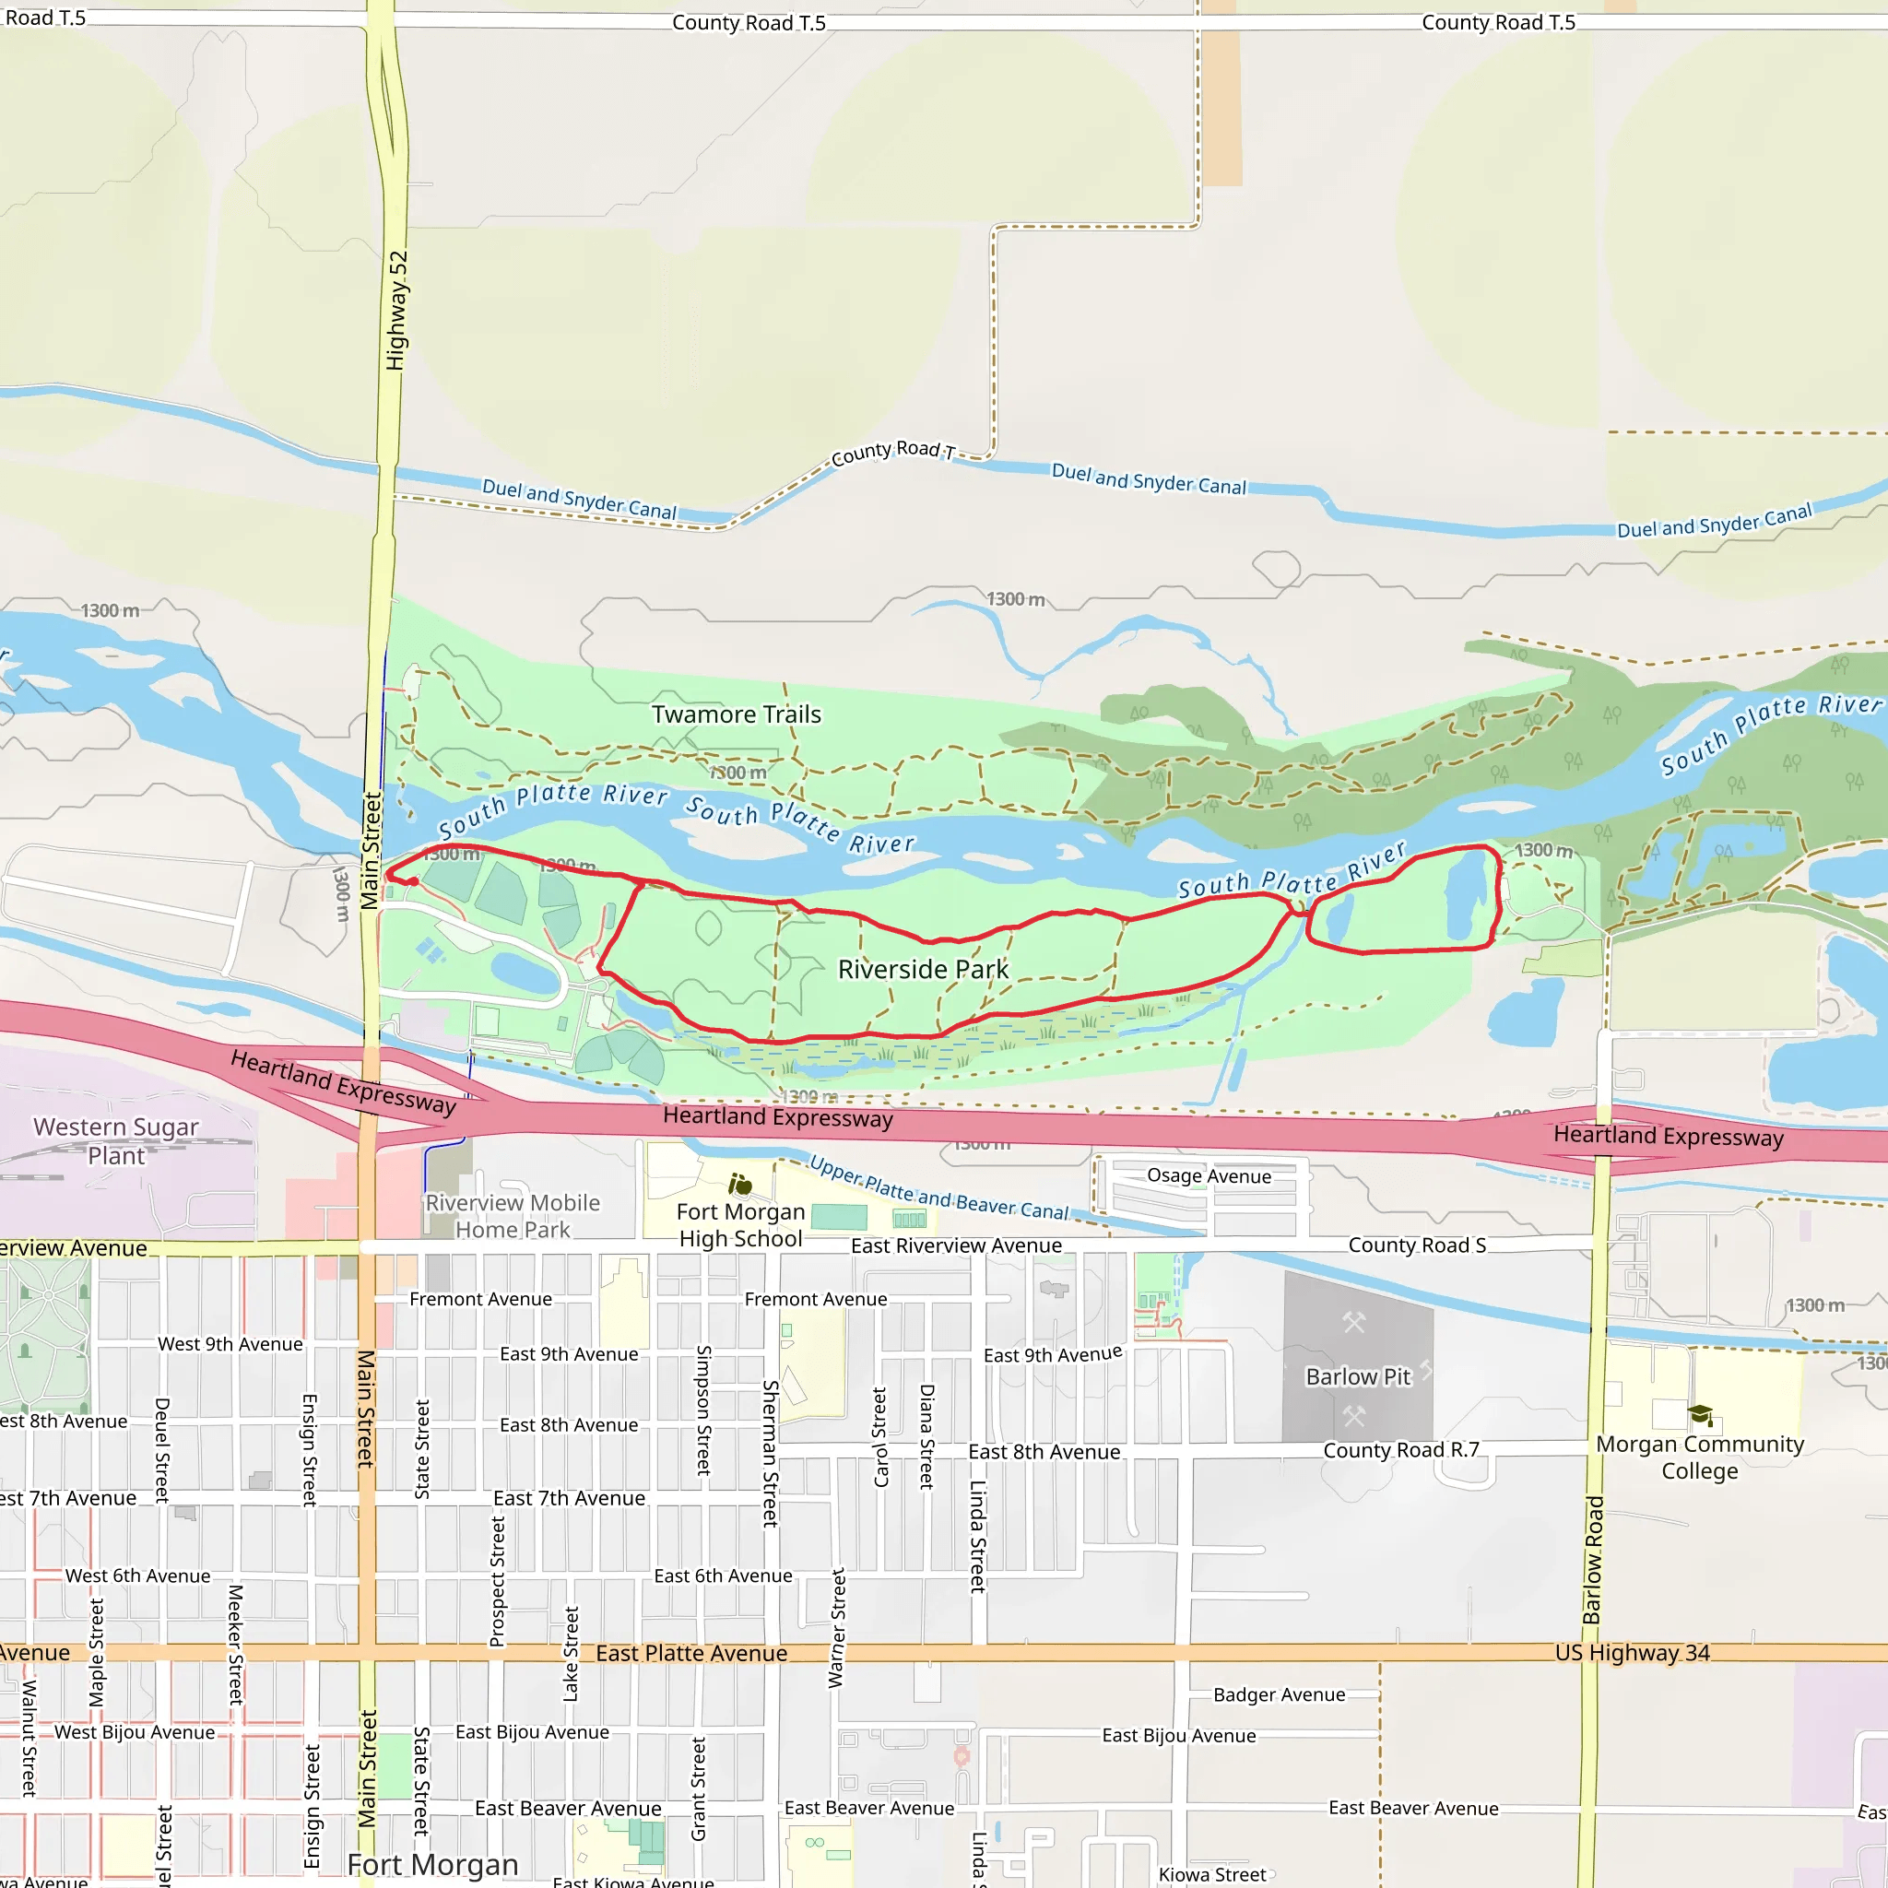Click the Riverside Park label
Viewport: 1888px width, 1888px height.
click(923, 970)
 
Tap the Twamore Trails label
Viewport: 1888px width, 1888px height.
click(736, 714)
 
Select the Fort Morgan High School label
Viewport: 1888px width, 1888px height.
click(741, 1225)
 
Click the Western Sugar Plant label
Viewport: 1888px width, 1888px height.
click(115, 1141)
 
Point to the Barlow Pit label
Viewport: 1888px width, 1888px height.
click(1358, 1377)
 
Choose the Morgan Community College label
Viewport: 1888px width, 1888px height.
click(1699, 1457)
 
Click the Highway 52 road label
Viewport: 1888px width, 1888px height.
click(395, 311)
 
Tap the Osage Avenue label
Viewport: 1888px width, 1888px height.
click(1209, 1176)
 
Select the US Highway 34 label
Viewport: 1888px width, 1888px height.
click(1632, 1653)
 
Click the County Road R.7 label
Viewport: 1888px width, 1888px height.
click(1400, 1450)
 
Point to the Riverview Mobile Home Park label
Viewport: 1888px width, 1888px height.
click(513, 1216)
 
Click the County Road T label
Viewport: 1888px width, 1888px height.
click(892, 452)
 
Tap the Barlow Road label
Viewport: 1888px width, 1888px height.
click(1593, 1560)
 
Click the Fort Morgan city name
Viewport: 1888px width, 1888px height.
click(432, 1865)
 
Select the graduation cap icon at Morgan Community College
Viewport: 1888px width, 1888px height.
click(1700, 1415)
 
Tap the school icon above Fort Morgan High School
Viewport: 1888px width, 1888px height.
click(741, 1186)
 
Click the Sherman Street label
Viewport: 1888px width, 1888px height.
click(770, 1453)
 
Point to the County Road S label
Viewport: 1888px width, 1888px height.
click(1417, 1245)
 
